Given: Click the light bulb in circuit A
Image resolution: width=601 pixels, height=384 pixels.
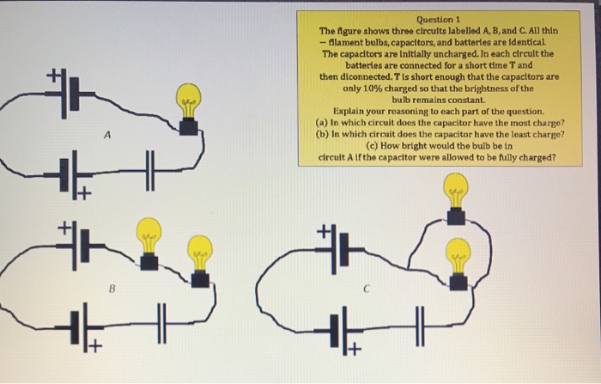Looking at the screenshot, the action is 188,109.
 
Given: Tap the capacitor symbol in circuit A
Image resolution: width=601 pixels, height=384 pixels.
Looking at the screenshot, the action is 150,171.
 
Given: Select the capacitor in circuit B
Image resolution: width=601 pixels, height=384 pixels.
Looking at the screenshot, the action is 162,323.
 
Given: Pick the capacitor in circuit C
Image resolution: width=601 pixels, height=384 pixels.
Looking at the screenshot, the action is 421,326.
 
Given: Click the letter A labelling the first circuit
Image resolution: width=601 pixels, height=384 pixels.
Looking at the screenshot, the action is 107,135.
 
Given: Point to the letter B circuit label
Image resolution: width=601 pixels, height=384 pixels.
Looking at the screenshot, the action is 112,289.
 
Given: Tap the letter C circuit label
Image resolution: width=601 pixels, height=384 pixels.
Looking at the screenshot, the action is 367,290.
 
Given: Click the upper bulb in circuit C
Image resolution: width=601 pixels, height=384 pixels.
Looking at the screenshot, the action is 456,198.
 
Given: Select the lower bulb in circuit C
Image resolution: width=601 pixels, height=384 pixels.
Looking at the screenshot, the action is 458,264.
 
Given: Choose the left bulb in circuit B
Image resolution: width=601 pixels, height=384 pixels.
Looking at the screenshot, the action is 149,244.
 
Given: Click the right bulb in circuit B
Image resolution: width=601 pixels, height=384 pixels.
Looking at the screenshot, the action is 200,262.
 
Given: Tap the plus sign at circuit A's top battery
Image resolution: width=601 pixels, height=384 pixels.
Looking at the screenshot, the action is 53,76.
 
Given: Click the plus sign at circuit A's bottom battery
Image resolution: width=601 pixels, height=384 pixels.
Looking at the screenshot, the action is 85,193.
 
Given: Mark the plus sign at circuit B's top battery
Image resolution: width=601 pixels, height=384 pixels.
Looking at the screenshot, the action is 64,229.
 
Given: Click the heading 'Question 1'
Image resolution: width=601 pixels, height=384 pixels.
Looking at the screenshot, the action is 438,19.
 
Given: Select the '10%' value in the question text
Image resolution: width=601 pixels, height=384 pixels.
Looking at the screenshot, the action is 373,88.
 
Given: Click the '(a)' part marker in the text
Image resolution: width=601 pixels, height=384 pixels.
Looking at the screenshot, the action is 322,123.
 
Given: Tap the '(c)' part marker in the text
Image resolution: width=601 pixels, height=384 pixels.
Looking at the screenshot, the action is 373,146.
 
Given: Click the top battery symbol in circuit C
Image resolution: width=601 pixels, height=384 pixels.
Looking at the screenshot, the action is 339,249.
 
